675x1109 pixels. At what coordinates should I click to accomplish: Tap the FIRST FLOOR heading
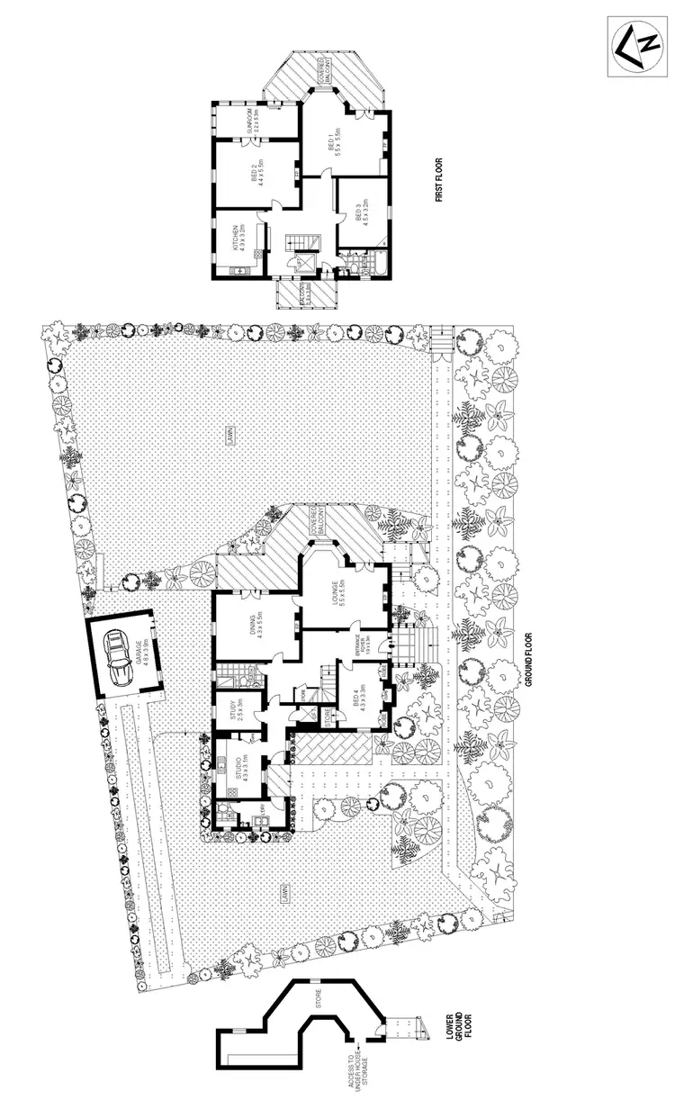click(440, 180)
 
